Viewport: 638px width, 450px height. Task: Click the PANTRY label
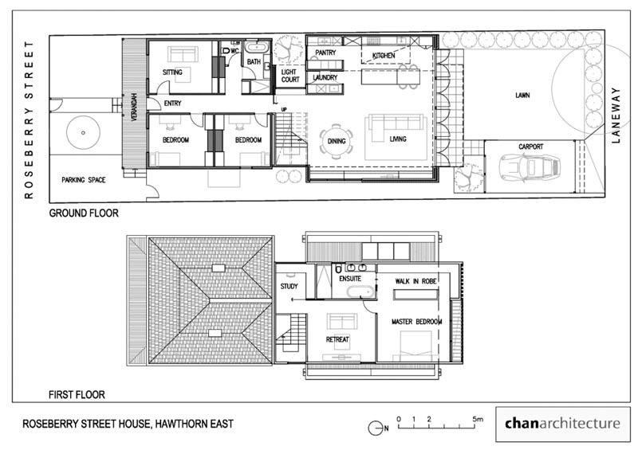[x=325, y=53]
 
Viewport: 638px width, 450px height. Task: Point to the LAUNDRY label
[x=325, y=78]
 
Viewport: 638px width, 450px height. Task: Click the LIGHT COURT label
[x=289, y=76]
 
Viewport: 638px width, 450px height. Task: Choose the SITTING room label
[x=172, y=72]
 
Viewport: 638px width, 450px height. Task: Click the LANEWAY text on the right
[x=615, y=115]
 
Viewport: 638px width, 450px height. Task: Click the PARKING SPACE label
[x=83, y=180]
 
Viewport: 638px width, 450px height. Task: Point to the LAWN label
[x=522, y=96]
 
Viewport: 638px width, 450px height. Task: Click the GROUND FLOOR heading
[x=84, y=213]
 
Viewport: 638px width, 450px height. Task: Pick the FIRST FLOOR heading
[x=77, y=394]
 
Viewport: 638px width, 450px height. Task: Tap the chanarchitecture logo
[x=561, y=424]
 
